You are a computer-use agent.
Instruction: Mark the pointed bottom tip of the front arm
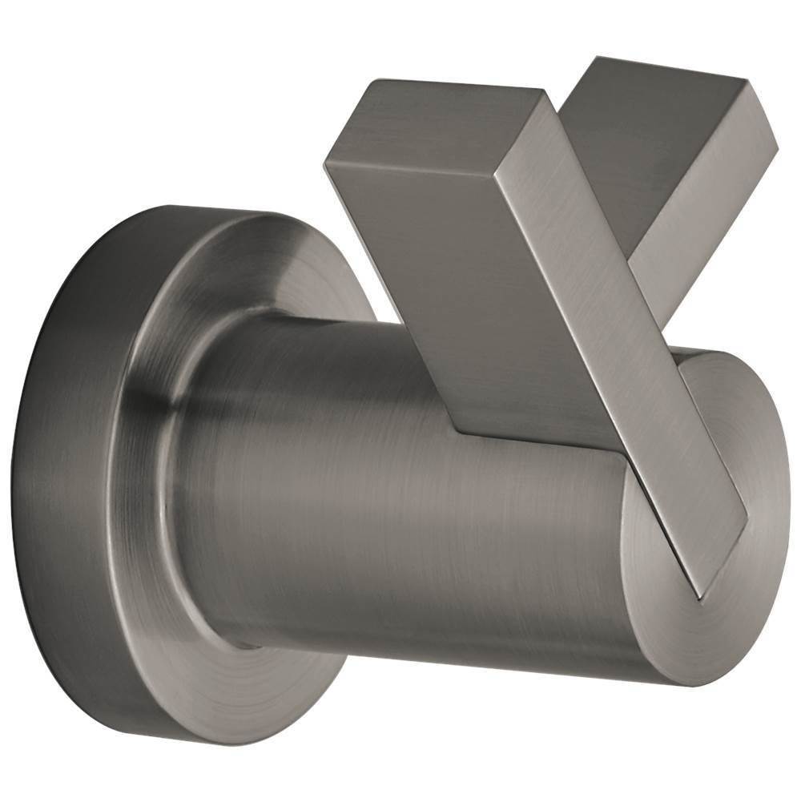(698, 596)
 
